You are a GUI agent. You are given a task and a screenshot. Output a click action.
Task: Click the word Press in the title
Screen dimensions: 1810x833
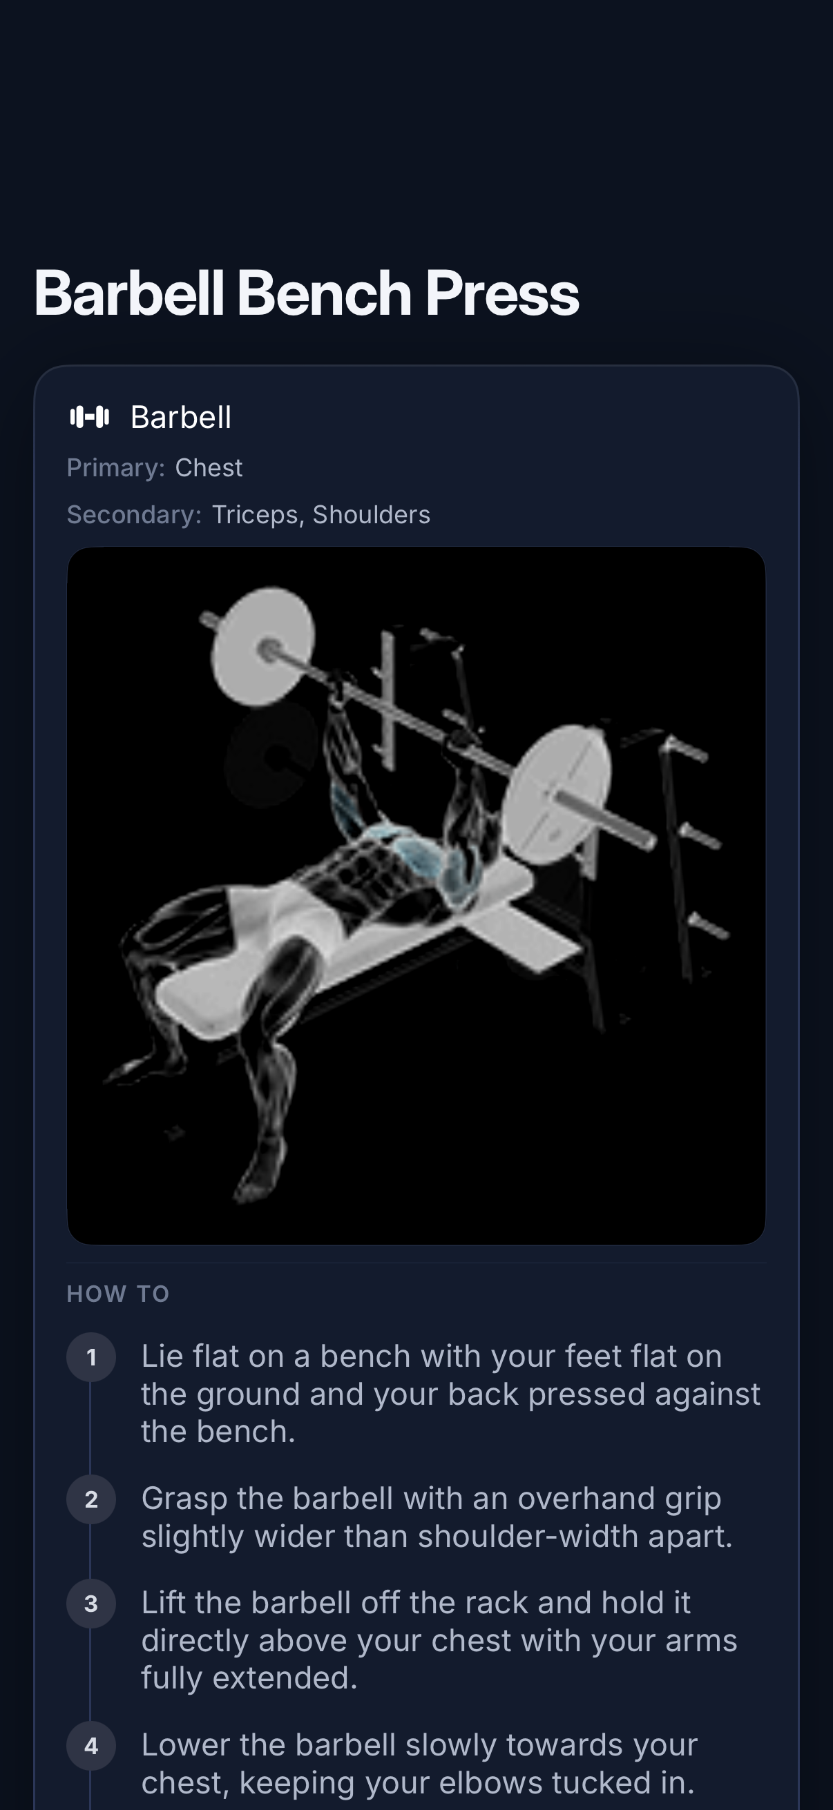click(x=502, y=293)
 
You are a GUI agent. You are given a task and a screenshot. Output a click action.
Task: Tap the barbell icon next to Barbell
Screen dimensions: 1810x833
click(x=90, y=418)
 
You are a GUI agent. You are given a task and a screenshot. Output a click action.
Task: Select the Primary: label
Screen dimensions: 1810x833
click(x=116, y=468)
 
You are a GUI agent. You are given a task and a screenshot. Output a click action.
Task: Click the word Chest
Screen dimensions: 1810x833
click(x=209, y=468)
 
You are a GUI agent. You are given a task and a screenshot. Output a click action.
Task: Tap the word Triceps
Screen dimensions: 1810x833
click(x=254, y=515)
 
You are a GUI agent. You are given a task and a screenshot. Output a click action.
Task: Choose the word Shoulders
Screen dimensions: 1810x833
click(x=371, y=515)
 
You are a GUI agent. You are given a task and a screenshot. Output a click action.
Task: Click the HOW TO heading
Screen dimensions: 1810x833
click(x=118, y=1294)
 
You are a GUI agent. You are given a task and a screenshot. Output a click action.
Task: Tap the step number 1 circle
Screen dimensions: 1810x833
click(x=91, y=1357)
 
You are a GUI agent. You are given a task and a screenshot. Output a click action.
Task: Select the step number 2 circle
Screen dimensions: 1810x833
click(x=91, y=1499)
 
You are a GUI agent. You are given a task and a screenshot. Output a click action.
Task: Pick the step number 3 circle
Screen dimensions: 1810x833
click(x=91, y=1604)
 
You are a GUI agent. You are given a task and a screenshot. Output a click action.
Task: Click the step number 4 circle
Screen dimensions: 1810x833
click(x=91, y=1746)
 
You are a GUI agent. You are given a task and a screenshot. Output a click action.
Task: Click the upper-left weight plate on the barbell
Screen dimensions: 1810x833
click(x=263, y=646)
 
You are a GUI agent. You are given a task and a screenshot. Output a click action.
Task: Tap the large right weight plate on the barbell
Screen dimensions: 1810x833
click(x=557, y=794)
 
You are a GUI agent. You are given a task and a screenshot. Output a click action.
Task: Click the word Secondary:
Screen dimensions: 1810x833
click(x=134, y=515)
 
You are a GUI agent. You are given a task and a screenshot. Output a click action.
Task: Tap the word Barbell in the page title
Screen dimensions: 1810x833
click(x=129, y=293)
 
